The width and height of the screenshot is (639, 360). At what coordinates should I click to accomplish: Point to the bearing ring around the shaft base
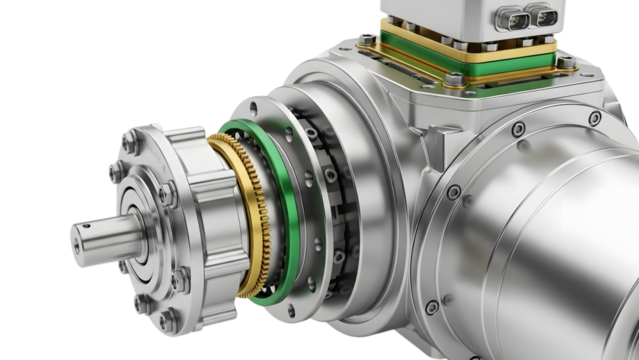(140, 240)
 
